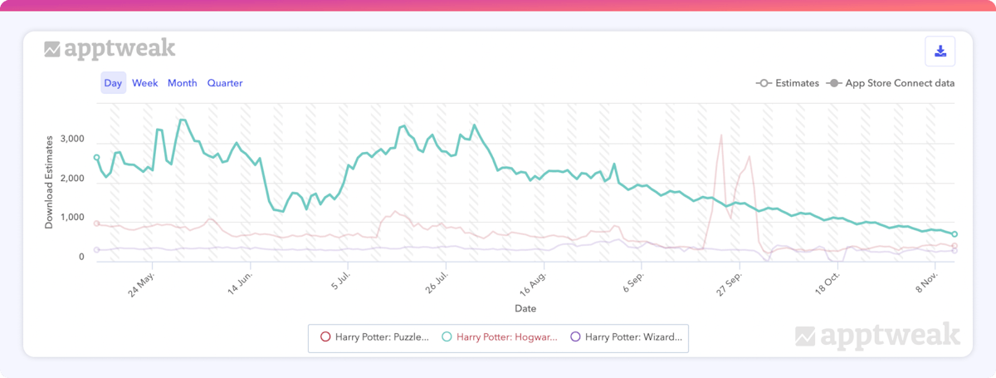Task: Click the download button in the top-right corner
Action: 940,52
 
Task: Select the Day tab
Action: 114,83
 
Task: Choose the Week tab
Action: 144,83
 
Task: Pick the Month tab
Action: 183,83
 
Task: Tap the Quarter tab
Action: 225,83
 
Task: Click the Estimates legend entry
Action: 788,83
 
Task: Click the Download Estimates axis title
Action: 50,179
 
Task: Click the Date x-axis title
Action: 525,308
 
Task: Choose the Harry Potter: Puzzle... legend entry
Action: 375,337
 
